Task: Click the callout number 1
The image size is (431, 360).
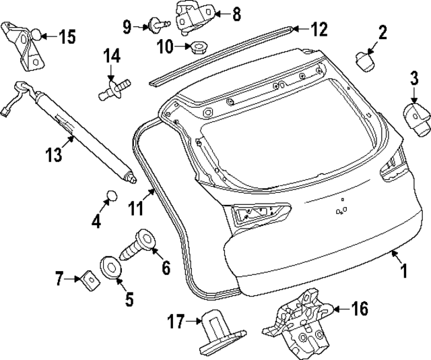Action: click(405, 272)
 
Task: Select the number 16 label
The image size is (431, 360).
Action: click(360, 309)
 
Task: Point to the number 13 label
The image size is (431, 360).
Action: click(53, 155)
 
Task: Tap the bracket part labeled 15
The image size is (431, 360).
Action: click(26, 43)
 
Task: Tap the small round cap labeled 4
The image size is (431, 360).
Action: click(110, 196)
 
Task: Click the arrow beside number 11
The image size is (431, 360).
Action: click(152, 196)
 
